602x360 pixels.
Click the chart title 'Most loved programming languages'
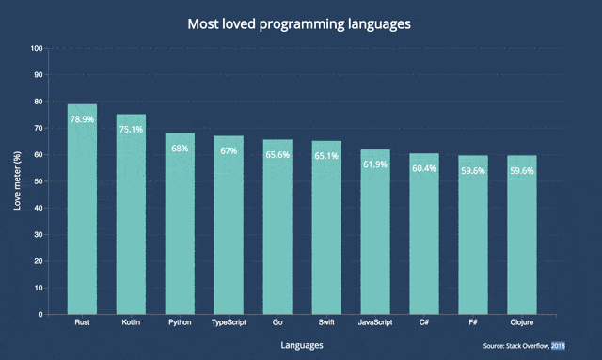click(x=299, y=23)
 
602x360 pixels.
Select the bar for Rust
click(x=82, y=210)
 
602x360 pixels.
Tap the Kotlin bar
click(x=131, y=214)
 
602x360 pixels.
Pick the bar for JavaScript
click(x=375, y=232)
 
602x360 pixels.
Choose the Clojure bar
click(x=522, y=235)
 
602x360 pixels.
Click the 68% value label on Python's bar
click(x=180, y=149)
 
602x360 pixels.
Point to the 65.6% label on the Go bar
click(x=277, y=155)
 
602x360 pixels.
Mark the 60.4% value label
click(x=424, y=168)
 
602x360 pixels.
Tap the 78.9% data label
click(x=82, y=119)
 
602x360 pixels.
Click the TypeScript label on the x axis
click(x=229, y=322)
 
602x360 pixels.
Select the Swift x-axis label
click(x=326, y=322)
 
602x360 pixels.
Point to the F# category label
click(x=473, y=322)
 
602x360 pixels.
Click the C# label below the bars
click(x=424, y=322)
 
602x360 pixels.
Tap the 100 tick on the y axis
click(x=37, y=48)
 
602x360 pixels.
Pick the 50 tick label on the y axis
click(x=39, y=181)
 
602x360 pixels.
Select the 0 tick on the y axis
click(x=40, y=315)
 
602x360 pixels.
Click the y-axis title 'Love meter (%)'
click(x=17, y=180)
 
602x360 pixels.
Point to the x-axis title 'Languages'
click(x=302, y=345)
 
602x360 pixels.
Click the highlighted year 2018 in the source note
click(x=558, y=346)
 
